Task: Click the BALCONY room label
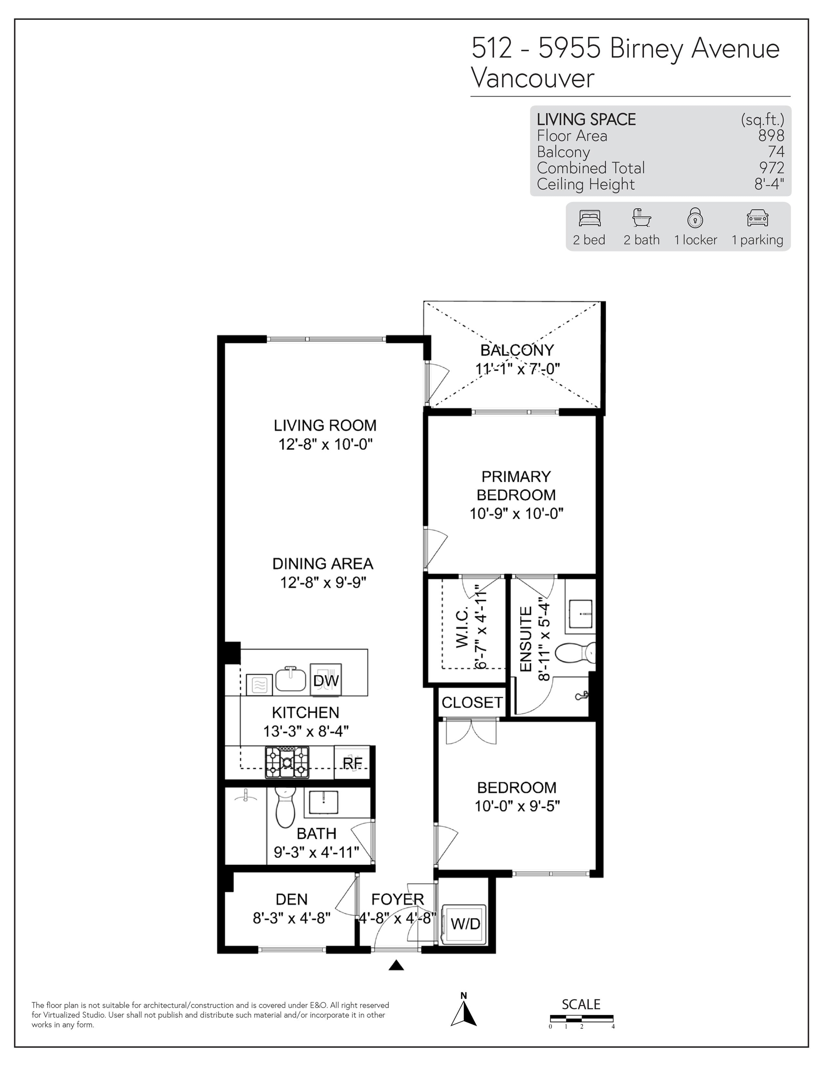tap(517, 350)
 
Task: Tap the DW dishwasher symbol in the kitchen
tap(326, 680)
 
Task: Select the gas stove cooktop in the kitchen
tap(287, 762)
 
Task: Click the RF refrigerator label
tap(352, 762)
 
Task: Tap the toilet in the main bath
tap(286, 807)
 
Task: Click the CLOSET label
tap(472, 702)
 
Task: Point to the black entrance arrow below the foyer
tap(397, 965)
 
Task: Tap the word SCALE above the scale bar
tap(581, 1004)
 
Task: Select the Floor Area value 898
tap(771, 136)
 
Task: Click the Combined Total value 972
tap(772, 168)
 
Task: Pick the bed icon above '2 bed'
tap(590, 218)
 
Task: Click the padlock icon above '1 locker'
tap(695, 218)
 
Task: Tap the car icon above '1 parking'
tap(758, 218)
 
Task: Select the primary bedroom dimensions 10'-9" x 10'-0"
tap(516, 514)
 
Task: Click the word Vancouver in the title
tap(533, 78)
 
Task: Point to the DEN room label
tap(292, 899)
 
